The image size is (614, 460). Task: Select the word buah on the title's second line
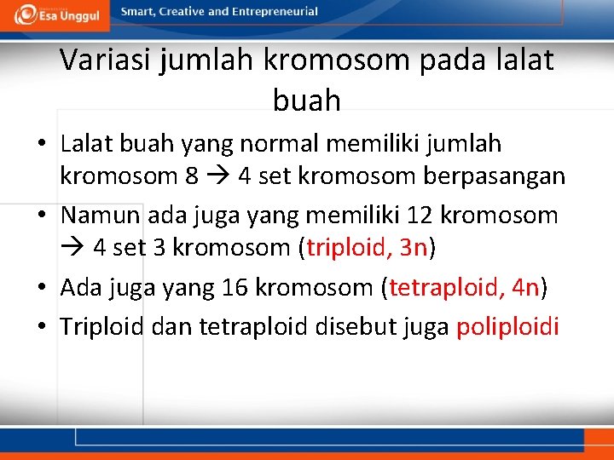pyautogui.click(x=306, y=101)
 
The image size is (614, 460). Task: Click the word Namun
pyautogui.click(x=100, y=215)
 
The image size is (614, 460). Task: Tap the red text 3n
pyautogui.click(x=413, y=248)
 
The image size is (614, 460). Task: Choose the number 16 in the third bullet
pyautogui.click(x=235, y=287)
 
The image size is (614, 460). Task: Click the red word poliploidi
pyautogui.click(x=507, y=326)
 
